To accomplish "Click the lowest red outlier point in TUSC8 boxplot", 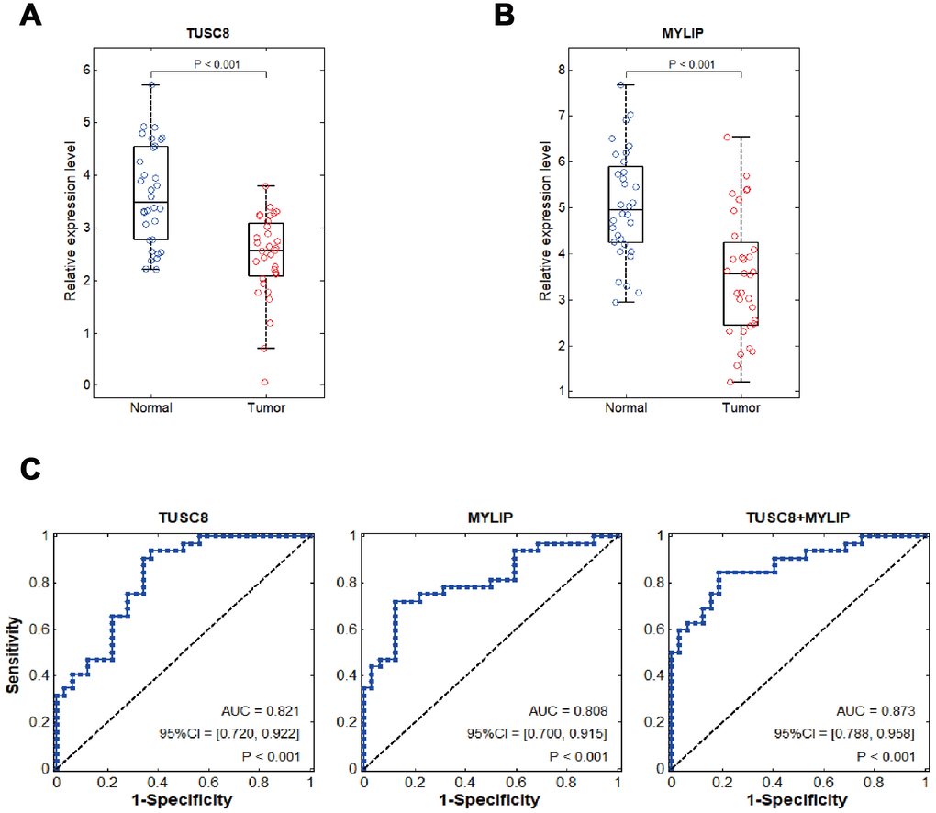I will click(264, 382).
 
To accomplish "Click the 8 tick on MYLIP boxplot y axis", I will click(560, 70).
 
